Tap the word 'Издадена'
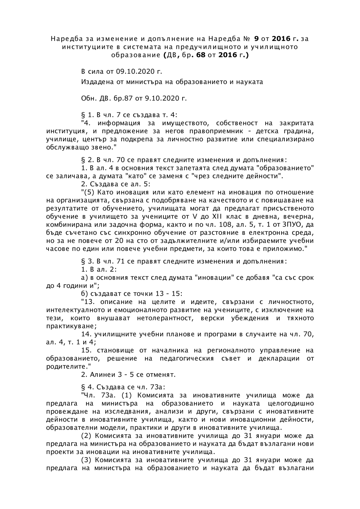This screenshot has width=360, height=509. [95, 82]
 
